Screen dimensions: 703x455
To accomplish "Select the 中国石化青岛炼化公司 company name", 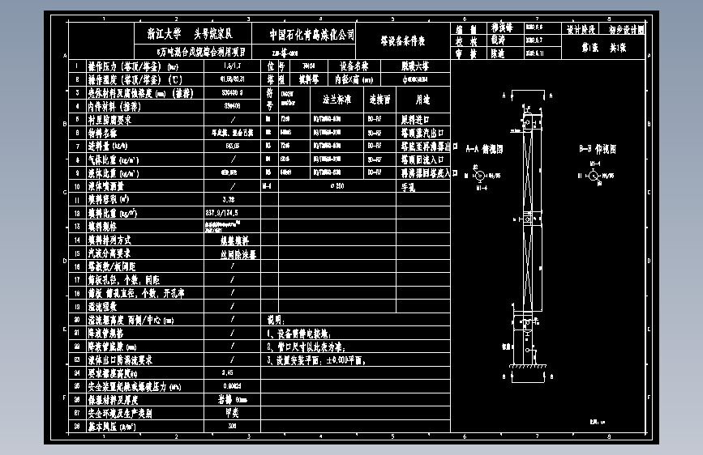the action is click(x=312, y=35).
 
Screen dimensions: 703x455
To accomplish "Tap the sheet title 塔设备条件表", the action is click(x=403, y=40).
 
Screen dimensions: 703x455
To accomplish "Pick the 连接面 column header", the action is click(x=379, y=100).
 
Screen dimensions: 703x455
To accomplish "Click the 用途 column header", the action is click(x=422, y=100).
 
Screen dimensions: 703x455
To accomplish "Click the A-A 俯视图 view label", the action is click(x=485, y=150).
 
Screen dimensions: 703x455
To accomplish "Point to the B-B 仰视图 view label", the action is click(x=598, y=150).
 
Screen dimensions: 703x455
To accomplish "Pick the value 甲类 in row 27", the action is click(x=232, y=412).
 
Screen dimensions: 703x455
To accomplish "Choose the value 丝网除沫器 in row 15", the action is click(x=238, y=253).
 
